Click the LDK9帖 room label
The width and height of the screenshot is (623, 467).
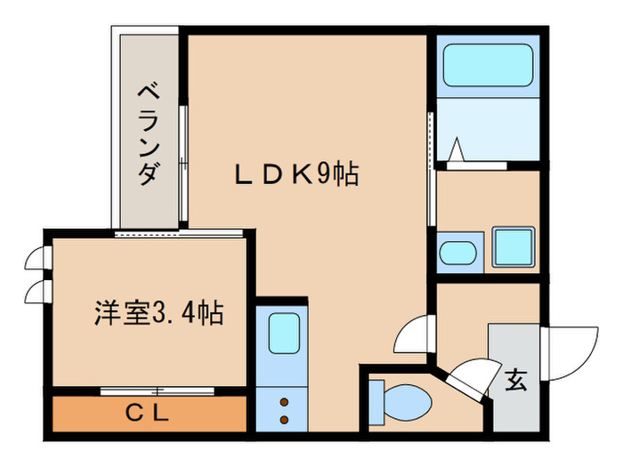pos(296,174)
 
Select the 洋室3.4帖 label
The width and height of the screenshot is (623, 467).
pos(159,313)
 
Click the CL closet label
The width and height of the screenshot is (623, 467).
pos(147,413)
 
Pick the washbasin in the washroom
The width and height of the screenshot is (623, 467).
pos(458,252)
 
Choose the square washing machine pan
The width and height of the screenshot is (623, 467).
pos(513,246)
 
